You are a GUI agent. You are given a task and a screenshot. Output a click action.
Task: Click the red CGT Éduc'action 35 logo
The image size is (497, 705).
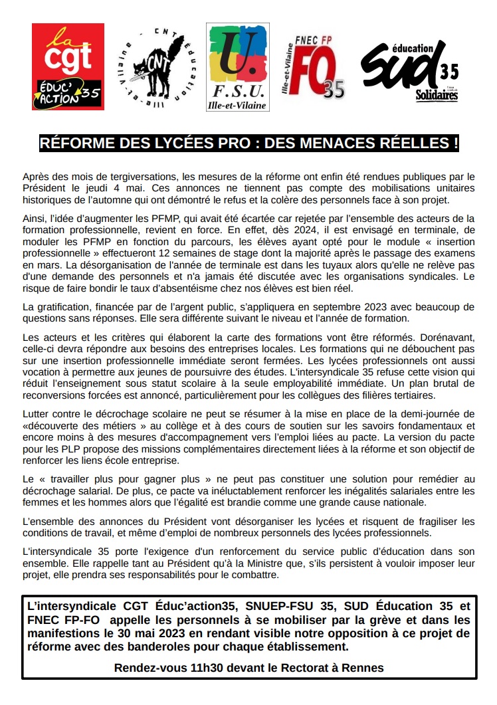tap(68, 66)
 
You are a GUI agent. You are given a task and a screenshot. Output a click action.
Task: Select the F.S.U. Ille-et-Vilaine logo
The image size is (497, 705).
tap(237, 66)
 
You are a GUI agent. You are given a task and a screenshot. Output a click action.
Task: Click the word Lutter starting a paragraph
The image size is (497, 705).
tap(37, 414)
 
